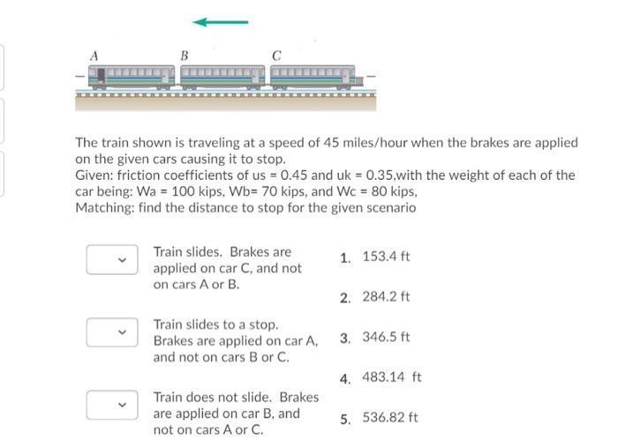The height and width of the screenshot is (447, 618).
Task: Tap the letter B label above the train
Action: click(x=185, y=56)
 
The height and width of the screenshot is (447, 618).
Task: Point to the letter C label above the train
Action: click(x=276, y=56)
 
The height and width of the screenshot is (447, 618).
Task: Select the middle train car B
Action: click(x=222, y=78)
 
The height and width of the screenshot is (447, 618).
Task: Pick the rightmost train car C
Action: click(x=313, y=78)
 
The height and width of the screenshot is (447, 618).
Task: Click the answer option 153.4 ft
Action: click(x=387, y=257)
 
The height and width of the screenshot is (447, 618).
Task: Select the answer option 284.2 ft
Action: click(x=387, y=297)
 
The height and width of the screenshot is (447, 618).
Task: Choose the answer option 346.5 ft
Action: click(x=387, y=337)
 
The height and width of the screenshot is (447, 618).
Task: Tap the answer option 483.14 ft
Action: click(x=392, y=377)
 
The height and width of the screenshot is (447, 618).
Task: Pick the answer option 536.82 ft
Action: click(x=390, y=418)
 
